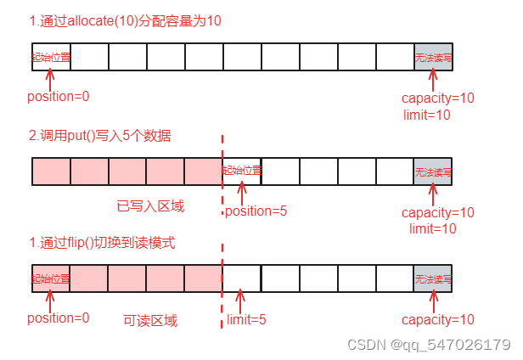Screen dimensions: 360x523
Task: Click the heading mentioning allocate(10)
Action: (125, 20)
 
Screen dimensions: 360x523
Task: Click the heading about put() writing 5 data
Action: (100, 136)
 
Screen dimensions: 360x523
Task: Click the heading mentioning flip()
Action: (102, 243)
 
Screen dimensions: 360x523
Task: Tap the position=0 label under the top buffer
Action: (59, 96)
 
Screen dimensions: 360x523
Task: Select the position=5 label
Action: (256, 211)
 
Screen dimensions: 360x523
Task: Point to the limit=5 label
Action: (247, 320)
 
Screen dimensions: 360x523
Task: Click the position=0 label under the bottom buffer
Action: (59, 318)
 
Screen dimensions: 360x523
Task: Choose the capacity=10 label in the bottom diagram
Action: (437, 320)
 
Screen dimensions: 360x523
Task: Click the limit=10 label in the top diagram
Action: (432, 114)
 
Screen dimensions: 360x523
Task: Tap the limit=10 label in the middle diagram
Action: (432, 228)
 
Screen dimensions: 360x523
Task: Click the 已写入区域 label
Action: (150, 206)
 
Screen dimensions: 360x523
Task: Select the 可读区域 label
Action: (150, 320)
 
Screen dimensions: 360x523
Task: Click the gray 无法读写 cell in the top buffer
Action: (433, 58)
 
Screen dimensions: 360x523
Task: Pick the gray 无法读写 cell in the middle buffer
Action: (433, 172)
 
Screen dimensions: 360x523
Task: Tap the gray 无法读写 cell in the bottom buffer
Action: (433, 278)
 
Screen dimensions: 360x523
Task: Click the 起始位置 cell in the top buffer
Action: (50, 57)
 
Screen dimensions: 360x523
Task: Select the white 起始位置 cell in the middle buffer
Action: (242, 171)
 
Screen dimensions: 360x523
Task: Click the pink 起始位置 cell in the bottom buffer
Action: (50, 278)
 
